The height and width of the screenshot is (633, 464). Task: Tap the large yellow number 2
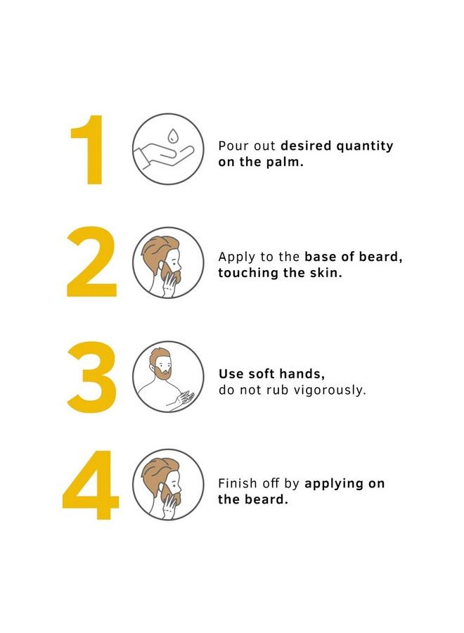91,262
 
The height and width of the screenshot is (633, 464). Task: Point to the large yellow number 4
90,485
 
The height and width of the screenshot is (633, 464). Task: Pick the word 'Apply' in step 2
234,257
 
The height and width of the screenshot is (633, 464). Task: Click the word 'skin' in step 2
326,273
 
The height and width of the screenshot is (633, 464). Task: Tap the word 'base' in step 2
320,257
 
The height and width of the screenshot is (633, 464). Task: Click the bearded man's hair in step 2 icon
158,247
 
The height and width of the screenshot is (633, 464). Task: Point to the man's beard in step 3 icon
162,373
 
